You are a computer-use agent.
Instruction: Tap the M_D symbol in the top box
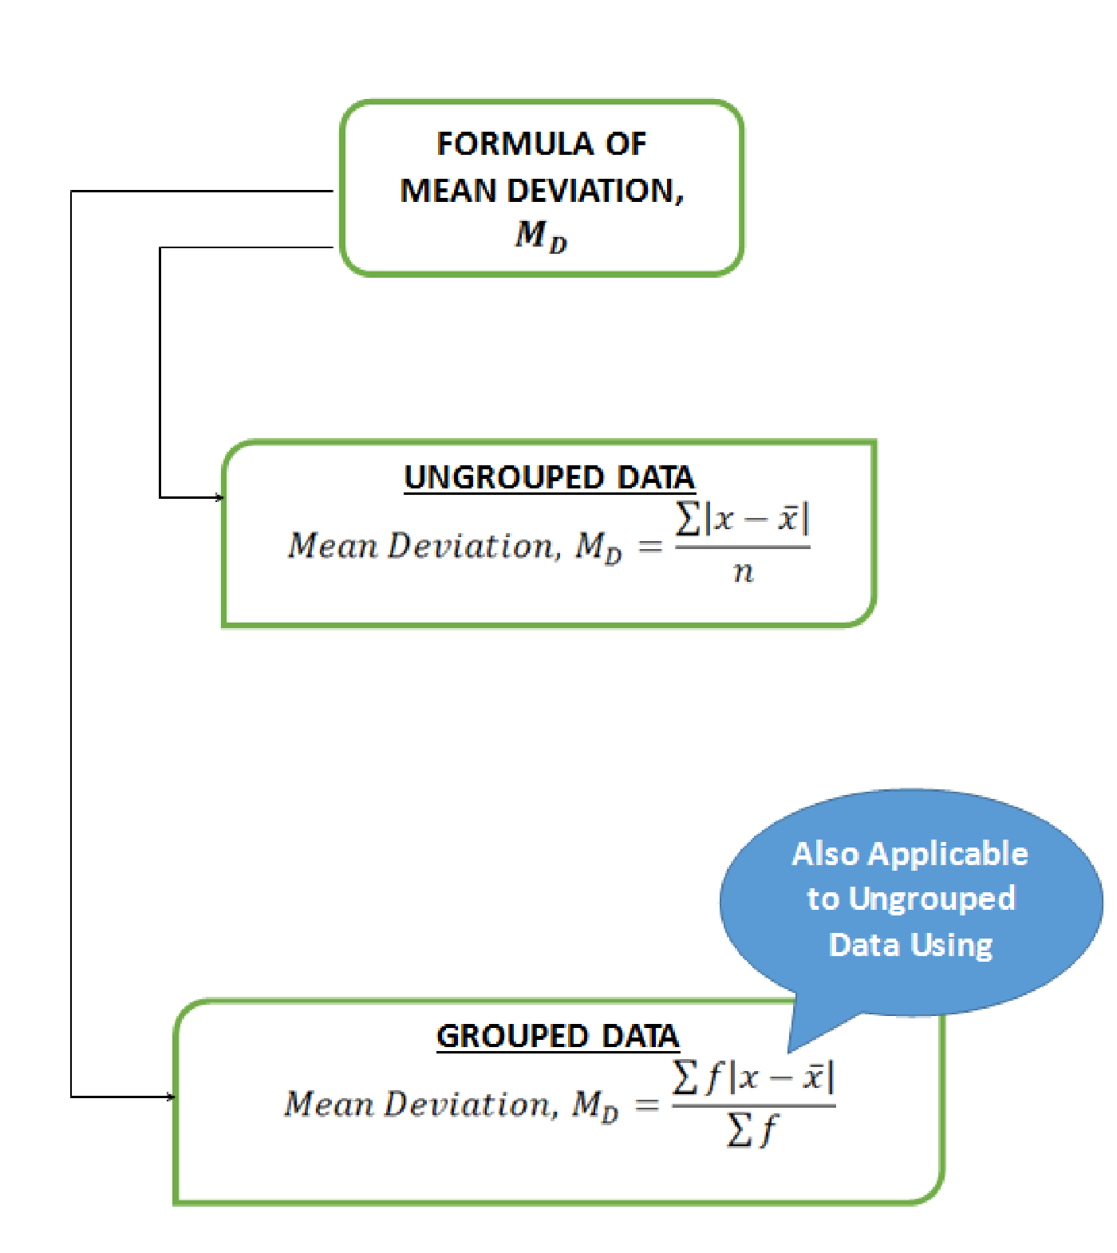coord(541,235)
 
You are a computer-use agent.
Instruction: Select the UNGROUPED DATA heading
coord(549,477)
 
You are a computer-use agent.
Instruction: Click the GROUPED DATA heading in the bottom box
coord(558,1036)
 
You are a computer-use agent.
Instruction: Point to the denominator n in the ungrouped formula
coord(744,571)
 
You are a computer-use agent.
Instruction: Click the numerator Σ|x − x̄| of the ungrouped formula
coord(742,519)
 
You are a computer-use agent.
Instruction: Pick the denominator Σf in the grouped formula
coord(752,1130)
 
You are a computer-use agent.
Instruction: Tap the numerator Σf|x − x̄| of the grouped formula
coord(753,1077)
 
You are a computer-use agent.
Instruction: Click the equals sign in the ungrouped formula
coord(650,547)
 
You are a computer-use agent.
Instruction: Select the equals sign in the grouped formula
coord(647,1105)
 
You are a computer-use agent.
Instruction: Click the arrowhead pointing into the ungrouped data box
coord(220,497)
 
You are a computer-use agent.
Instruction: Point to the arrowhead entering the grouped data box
coord(171,1097)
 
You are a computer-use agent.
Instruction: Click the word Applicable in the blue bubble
coord(948,855)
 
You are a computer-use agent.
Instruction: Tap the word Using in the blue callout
coord(951,946)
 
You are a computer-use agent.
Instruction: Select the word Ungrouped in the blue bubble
coord(932,899)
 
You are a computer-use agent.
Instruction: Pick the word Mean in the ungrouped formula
coord(333,546)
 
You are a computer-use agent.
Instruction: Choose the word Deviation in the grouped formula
coord(468,1105)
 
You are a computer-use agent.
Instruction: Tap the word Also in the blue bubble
coord(826,854)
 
